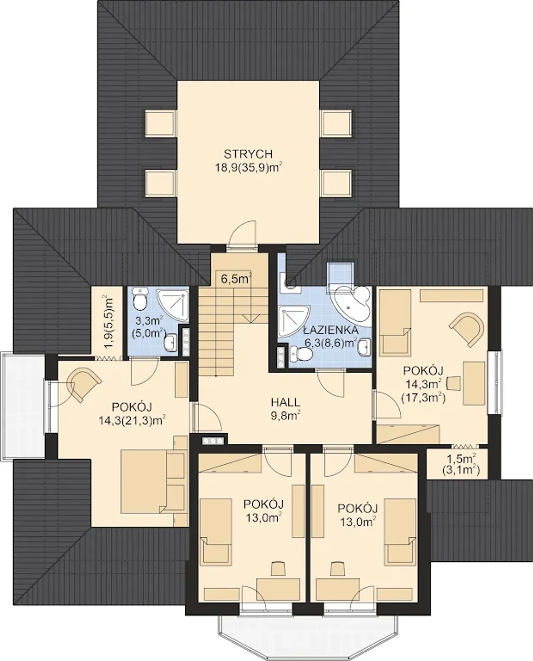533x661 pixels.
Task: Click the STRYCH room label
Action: (248, 154)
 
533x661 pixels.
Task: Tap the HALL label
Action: (286, 402)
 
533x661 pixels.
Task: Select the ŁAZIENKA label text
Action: (331, 330)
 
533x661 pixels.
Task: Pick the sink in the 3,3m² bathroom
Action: (170, 342)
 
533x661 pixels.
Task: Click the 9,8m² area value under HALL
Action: (286, 416)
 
